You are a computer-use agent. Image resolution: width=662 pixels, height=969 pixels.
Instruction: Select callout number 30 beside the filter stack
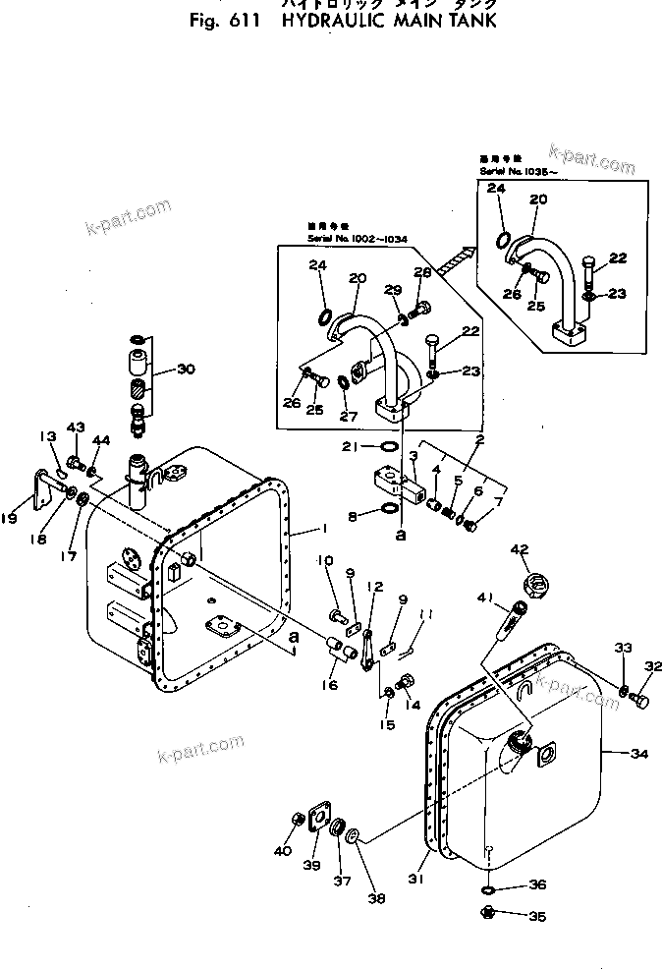(x=187, y=369)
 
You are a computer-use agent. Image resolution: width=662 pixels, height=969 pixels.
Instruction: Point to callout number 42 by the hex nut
(x=519, y=549)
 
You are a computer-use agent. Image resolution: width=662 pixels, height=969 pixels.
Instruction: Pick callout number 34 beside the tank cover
(x=639, y=754)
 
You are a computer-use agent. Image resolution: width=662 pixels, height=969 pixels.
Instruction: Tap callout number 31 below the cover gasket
(x=415, y=879)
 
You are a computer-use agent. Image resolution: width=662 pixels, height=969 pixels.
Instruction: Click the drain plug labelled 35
(x=488, y=916)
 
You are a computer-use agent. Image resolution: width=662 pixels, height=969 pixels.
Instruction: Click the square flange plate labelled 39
(x=316, y=821)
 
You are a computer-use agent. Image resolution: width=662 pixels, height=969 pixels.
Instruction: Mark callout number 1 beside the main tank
(x=321, y=529)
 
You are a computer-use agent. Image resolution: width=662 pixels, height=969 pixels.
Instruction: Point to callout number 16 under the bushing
(x=330, y=685)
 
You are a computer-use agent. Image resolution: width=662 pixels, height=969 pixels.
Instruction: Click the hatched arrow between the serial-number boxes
(x=458, y=258)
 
